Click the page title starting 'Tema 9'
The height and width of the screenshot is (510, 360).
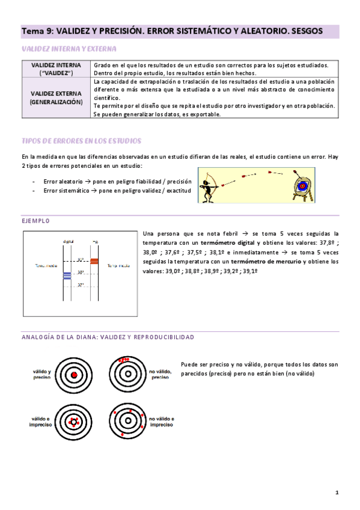(x=172, y=30)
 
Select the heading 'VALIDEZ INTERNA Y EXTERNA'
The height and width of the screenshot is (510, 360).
(x=69, y=49)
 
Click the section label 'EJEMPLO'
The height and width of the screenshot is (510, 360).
(x=35, y=221)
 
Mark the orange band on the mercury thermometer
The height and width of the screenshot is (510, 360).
(x=94, y=260)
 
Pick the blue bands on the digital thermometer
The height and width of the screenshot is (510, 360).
(x=67, y=275)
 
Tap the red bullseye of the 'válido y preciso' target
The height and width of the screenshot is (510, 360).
(x=73, y=375)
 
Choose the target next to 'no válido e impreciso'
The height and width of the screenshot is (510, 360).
(x=128, y=420)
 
